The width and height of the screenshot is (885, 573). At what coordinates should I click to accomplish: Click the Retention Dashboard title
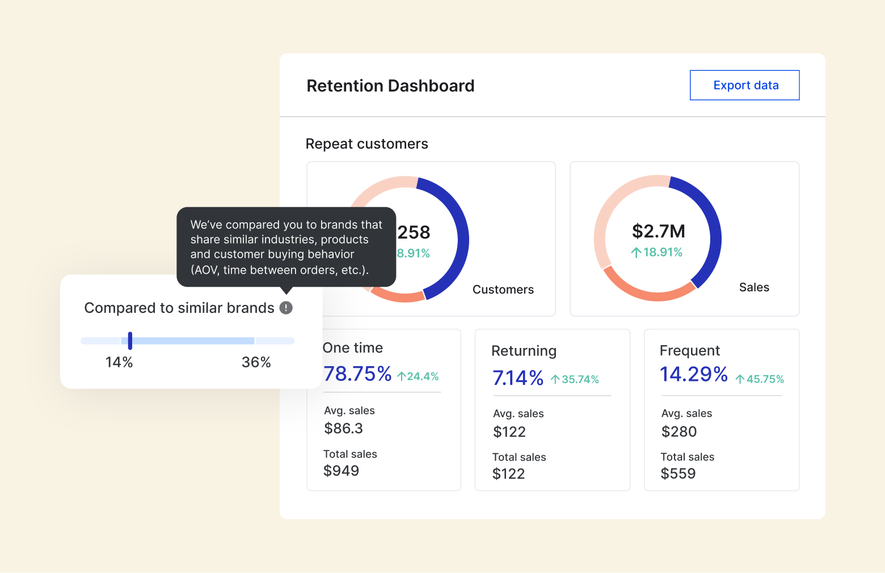tap(390, 86)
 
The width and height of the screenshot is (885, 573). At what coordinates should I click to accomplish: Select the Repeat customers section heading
tap(366, 144)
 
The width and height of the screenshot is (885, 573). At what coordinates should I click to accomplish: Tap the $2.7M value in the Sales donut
tap(658, 231)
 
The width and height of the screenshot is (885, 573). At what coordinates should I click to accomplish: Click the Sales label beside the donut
tap(754, 287)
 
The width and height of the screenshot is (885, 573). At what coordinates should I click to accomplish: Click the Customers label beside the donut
tap(503, 290)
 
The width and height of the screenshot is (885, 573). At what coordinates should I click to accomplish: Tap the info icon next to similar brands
tap(286, 308)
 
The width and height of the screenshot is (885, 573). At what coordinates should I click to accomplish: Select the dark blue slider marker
tap(130, 341)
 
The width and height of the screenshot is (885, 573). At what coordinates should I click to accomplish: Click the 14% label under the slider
tap(119, 363)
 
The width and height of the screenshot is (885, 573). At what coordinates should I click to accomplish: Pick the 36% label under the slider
tap(256, 363)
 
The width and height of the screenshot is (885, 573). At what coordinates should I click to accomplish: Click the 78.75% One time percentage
tap(357, 374)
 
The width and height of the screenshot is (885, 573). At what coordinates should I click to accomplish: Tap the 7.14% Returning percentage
tap(518, 378)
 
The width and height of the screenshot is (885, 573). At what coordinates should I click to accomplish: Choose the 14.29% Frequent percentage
tap(693, 375)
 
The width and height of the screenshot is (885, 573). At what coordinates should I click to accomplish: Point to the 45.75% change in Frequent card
tap(760, 379)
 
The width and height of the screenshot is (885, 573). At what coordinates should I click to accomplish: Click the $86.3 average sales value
tap(343, 428)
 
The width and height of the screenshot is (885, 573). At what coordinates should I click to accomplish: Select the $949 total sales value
tap(341, 471)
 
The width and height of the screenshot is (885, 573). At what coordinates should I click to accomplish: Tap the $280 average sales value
tap(678, 432)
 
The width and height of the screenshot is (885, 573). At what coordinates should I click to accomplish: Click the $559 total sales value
tap(678, 474)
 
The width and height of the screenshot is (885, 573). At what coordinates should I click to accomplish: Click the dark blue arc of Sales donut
tap(714, 227)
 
